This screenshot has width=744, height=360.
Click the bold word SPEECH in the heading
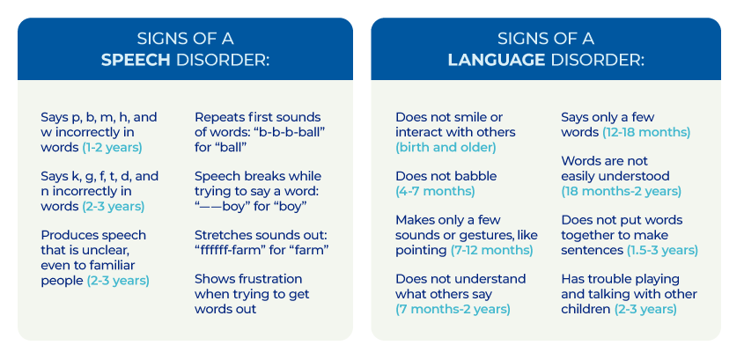click(133, 62)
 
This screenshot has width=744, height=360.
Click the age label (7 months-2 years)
click(453, 310)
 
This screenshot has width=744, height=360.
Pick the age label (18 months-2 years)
click(622, 191)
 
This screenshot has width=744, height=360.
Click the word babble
click(475, 176)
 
